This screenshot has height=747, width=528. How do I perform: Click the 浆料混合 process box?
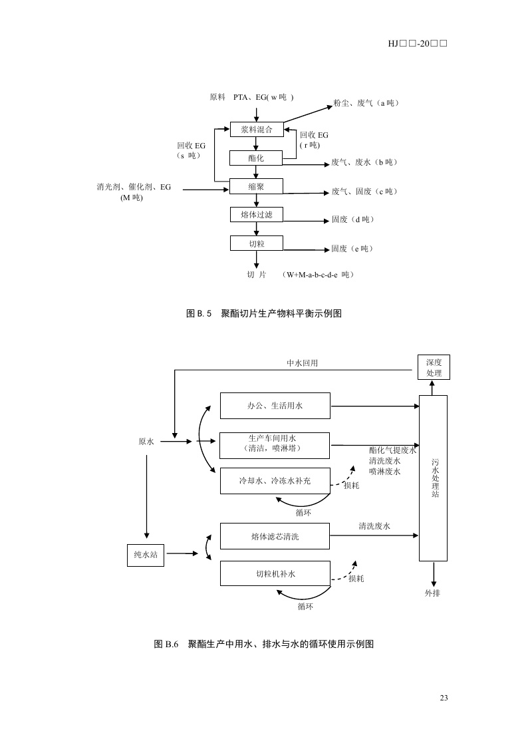(257, 129)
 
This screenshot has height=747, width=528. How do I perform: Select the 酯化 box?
(256, 158)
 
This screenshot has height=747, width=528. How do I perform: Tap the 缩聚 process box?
(257, 186)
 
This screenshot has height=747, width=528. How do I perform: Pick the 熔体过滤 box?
(257, 214)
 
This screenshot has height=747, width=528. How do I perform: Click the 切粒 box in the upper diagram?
(257, 243)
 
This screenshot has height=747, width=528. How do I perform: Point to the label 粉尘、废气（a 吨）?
(366, 103)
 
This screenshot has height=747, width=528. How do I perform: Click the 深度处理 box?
(434, 367)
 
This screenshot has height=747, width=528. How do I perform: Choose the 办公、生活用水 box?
(275, 405)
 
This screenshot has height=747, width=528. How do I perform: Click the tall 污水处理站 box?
(434, 478)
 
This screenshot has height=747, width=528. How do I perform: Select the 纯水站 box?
(146, 554)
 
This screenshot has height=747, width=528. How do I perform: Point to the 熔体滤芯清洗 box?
(275, 536)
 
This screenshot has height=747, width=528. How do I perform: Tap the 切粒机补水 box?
(275, 573)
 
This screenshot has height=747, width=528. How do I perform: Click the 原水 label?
(146, 441)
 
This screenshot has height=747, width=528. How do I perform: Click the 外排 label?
(433, 593)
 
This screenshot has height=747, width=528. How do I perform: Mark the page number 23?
(444, 697)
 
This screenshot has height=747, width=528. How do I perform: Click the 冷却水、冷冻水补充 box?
(275, 480)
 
